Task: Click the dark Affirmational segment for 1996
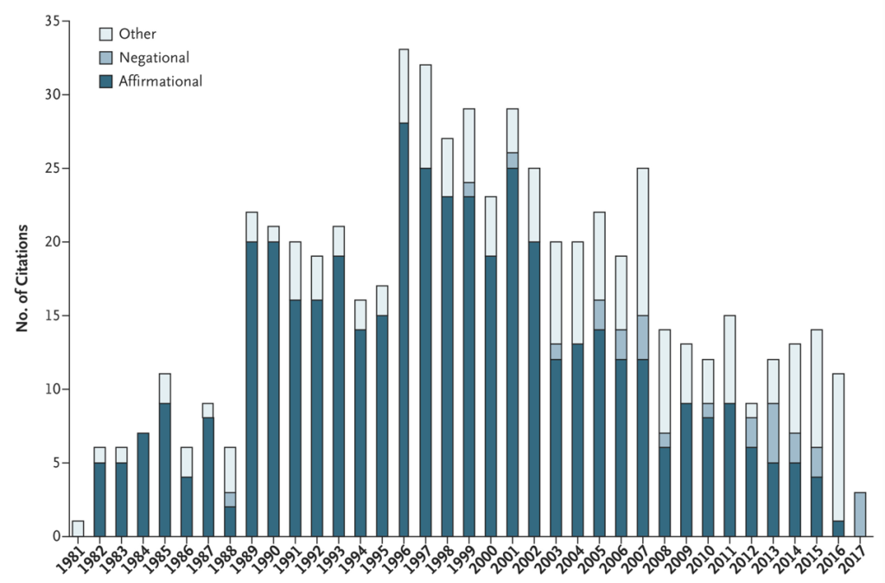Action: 404,329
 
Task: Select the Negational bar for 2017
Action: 860,514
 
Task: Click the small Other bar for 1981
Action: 79,529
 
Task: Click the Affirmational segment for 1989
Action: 252,389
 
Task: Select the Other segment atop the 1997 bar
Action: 425,117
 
